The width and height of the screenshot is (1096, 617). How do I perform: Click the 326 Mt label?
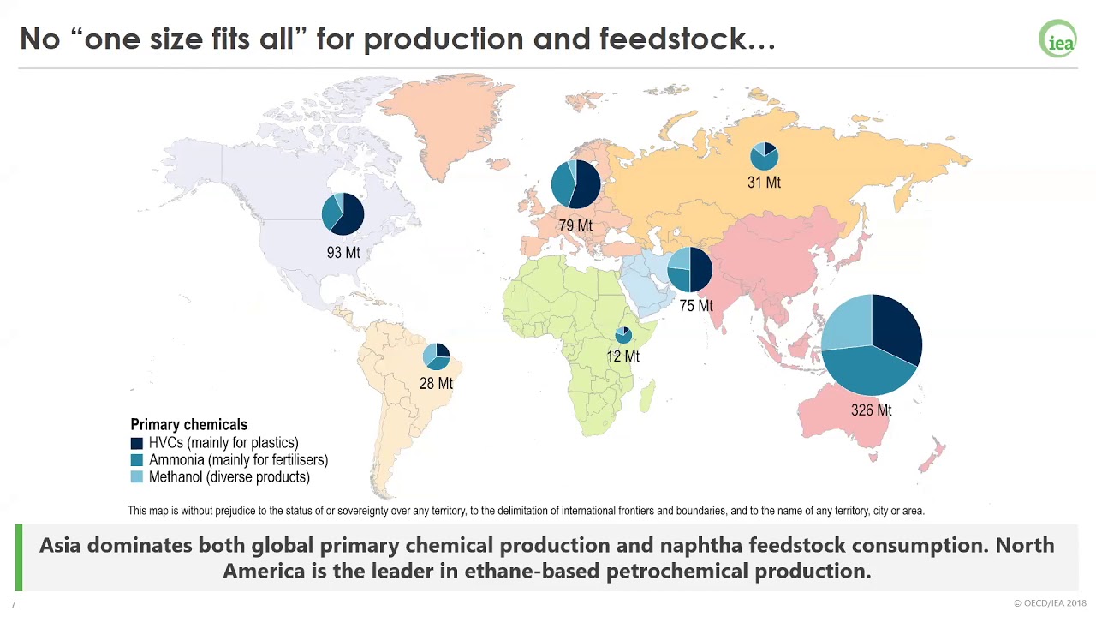[871, 410]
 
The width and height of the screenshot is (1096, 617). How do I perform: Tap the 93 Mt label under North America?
[343, 253]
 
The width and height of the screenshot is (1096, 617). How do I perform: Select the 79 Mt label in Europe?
[575, 226]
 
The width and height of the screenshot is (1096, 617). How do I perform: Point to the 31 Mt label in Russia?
[764, 183]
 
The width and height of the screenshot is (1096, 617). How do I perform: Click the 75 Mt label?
[695, 306]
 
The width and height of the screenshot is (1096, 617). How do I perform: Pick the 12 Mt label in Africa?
[622, 356]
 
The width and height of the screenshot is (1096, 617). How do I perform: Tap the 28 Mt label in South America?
[436, 384]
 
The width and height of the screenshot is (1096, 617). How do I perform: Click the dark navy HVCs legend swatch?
[137, 444]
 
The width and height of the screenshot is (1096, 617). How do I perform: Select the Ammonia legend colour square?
[137, 460]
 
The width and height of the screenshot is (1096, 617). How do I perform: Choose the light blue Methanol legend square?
[137, 477]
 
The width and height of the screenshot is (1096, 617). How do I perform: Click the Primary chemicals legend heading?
[188, 425]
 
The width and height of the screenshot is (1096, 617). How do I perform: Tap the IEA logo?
[1057, 39]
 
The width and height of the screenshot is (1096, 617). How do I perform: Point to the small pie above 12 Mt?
[623, 335]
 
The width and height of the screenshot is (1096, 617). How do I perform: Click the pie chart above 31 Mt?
[764, 156]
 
